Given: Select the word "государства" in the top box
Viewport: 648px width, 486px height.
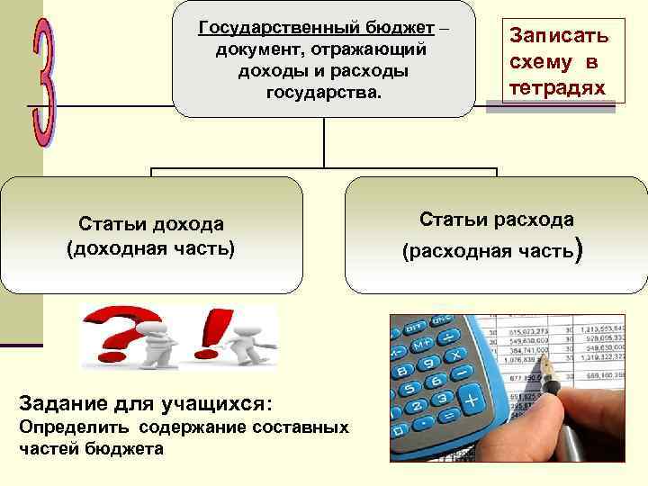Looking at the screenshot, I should click(322, 92).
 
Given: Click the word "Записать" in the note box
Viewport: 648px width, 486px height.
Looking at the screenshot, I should click(559, 36).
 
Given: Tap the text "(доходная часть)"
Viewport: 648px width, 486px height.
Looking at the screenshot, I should click(151, 247).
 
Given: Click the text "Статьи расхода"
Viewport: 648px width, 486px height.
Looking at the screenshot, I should click(496, 220).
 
